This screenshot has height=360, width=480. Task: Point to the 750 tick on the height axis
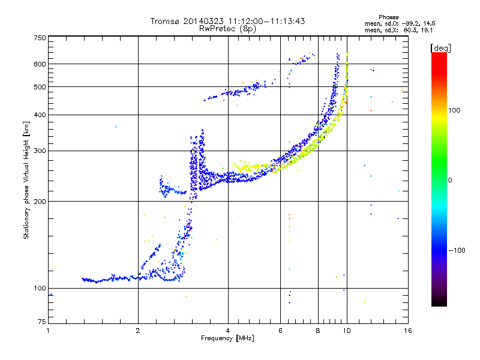click(x=40, y=38)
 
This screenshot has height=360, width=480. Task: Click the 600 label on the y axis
click(x=40, y=64)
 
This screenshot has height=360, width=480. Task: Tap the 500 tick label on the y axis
click(x=40, y=86)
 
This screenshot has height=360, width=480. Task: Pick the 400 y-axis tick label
click(x=40, y=115)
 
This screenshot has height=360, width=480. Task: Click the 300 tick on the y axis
click(x=40, y=151)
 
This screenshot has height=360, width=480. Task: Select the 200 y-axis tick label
click(x=40, y=201)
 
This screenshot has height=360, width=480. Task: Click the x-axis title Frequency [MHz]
click(x=227, y=338)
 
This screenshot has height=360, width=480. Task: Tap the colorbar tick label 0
click(x=451, y=180)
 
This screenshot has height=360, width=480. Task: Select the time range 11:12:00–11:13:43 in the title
click(x=263, y=21)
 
